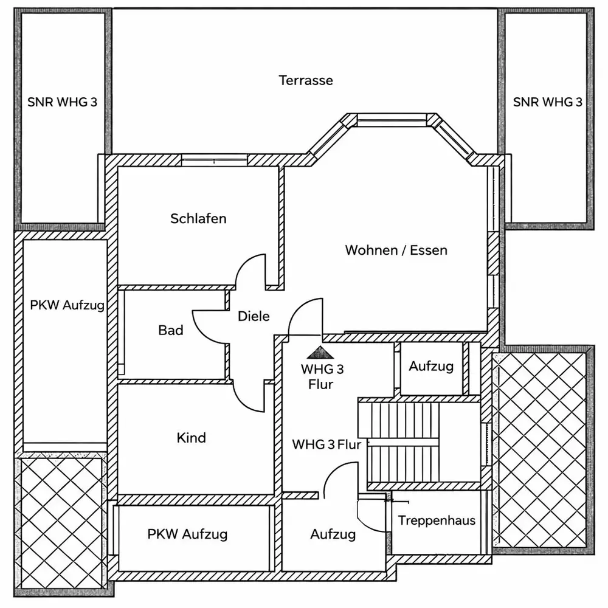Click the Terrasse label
point(306,80)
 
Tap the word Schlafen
point(198,218)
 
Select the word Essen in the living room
point(429,250)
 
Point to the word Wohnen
point(371,250)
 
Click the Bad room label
point(171,330)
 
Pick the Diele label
point(254,316)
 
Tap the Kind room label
point(191,438)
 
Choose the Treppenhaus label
point(437,520)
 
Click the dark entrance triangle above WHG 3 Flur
point(320,352)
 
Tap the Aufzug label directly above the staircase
point(431,366)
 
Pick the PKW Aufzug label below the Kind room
point(187,534)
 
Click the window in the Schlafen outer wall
point(215,160)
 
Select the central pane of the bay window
point(392,119)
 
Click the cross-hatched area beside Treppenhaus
point(542,450)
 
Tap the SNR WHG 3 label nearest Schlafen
point(62,102)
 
